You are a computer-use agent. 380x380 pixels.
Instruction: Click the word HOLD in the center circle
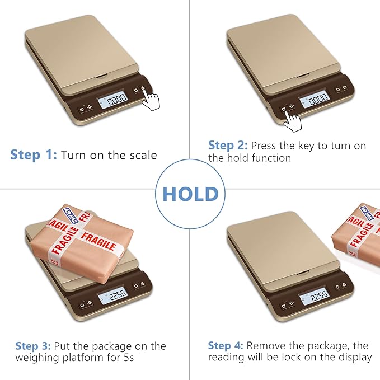tap(190, 194)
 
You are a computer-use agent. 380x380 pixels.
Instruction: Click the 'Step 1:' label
tap(34, 155)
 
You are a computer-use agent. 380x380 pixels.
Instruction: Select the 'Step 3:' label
tap(34, 346)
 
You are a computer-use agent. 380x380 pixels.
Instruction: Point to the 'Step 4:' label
tap(226, 345)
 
